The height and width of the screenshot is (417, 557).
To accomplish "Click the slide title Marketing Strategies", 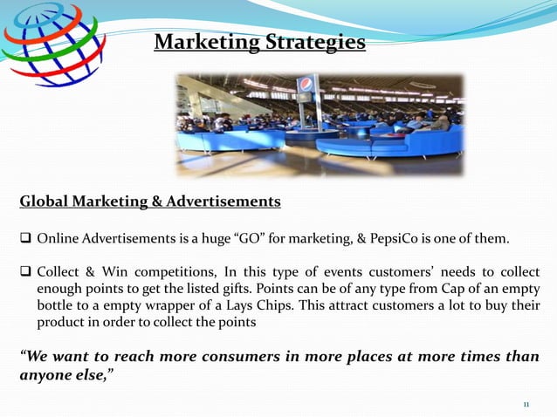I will pyautogui.click(x=259, y=41).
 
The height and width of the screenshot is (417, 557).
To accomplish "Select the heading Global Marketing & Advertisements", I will pyautogui.click(x=150, y=202).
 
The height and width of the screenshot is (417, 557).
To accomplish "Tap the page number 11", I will pyautogui.click(x=526, y=405).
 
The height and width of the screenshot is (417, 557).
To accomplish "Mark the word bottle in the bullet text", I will pyautogui.click(x=58, y=305).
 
